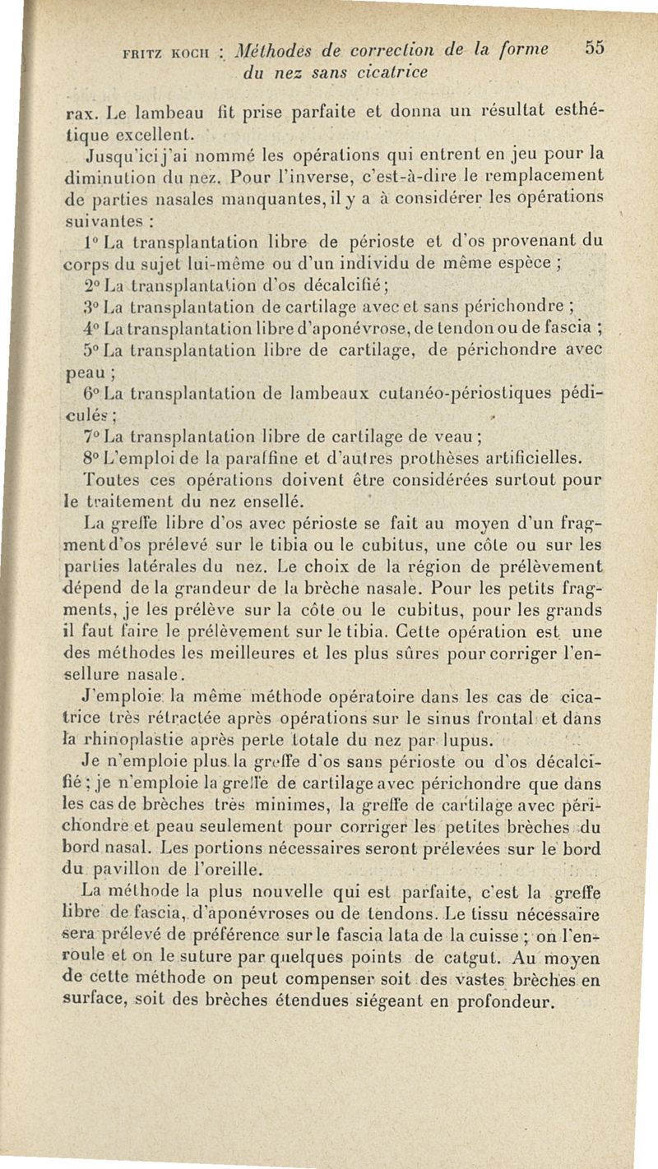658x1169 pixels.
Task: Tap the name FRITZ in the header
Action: point(142,52)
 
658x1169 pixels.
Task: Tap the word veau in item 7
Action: point(456,435)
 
